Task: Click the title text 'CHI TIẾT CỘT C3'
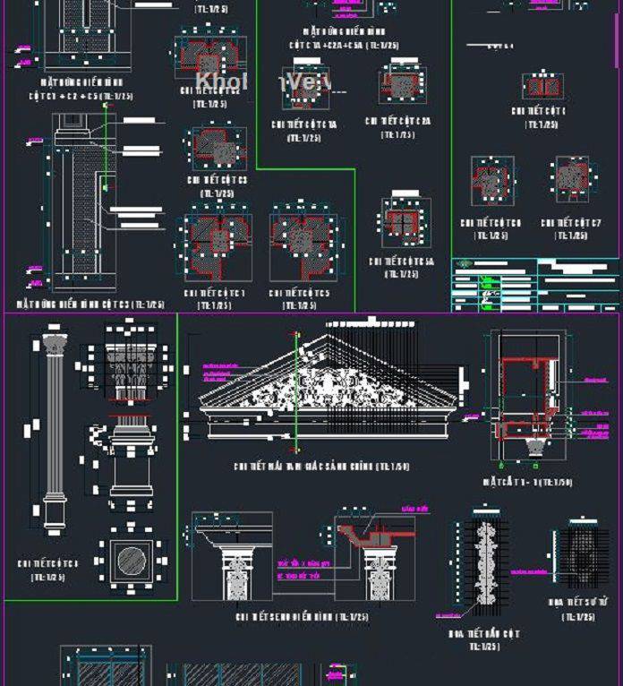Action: (x=217, y=180)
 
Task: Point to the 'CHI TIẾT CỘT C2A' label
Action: (x=397, y=121)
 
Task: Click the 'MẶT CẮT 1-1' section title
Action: (x=527, y=482)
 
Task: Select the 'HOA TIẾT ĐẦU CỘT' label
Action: (x=483, y=634)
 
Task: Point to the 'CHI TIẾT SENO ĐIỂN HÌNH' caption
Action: (x=302, y=617)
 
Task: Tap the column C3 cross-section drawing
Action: (x=214, y=146)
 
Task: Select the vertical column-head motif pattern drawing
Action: (x=484, y=563)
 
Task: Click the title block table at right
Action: (x=534, y=285)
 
